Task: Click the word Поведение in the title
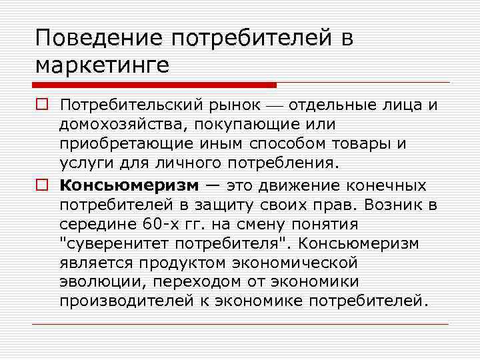point(98,38)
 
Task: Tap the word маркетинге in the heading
point(103,66)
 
